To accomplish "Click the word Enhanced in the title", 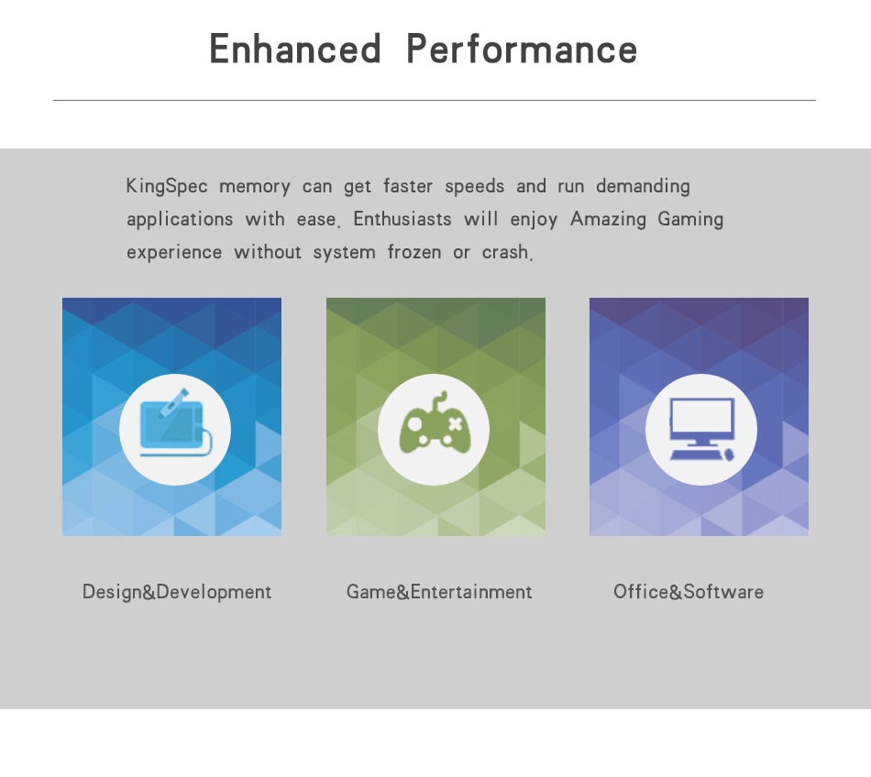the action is tap(295, 49).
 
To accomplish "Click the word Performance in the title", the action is tap(522, 49).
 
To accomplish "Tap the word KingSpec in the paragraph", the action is tap(167, 187).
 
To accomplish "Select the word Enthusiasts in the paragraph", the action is tap(402, 219).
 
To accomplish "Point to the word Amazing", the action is tap(608, 220).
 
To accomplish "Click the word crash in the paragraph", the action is tap(505, 253).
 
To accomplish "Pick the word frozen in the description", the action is tap(414, 253).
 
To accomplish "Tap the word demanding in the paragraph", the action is tap(643, 187).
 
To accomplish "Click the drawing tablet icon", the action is tap(175, 423).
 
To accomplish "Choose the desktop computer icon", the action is tap(702, 429).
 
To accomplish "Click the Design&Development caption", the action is tap(177, 592).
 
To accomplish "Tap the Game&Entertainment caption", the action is tap(439, 592).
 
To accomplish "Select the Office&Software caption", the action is tap(689, 592).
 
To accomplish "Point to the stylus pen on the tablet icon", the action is tap(173, 403).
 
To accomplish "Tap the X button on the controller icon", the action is tap(455, 425).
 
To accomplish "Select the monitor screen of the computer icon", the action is tap(702, 414).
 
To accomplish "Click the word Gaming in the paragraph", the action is tap(690, 220).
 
